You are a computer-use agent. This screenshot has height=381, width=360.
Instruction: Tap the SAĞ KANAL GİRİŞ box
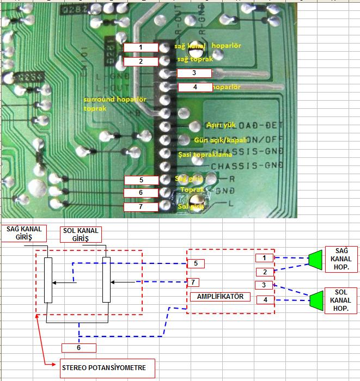[23, 233]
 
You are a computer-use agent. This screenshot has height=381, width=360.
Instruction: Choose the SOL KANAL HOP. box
[340, 300]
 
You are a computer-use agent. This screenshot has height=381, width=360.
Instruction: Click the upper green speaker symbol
[315, 260]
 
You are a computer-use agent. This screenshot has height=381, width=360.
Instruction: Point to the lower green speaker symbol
[315, 300]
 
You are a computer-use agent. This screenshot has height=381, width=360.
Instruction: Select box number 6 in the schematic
[79, 347]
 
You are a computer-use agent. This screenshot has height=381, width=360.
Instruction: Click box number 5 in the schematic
[196, 263]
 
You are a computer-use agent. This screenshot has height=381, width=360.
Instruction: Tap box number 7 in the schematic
[192, 282]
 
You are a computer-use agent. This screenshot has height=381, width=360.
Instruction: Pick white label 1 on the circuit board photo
[141, 47]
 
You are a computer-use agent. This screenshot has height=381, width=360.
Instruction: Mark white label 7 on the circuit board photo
[141, 207]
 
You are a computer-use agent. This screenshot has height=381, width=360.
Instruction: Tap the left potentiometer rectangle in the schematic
[48, 280]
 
